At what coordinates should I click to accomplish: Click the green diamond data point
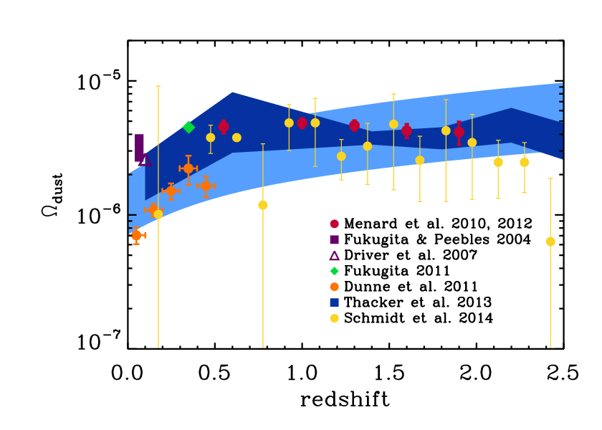[x=188, y=127]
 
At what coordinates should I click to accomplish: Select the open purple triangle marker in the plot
[x=145, y=160]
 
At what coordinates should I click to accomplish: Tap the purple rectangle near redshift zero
[x=139, y=148]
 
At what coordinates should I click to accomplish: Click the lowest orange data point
[x=136, y=235]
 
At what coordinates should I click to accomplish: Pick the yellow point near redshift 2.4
[x=550, y=242]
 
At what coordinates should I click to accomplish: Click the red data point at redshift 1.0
[x=302, y=123]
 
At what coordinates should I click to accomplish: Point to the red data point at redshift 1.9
[x=459, y=132]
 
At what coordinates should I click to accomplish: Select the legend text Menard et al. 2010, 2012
[x=438, y=224]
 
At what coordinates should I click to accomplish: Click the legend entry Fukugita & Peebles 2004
[x=437, y=239]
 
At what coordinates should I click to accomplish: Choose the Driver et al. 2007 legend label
[x=411, y=255]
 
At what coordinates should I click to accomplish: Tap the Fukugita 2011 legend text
[x=396, y=271]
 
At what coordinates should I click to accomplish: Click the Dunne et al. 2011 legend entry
[x=411, y=287]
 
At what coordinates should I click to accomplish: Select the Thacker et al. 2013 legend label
[x=418, y=302]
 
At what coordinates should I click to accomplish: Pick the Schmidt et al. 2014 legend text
[x=419, y=318]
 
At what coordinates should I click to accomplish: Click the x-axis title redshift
[x=345, y=400]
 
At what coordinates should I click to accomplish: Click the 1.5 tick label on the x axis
[x=389, y=373]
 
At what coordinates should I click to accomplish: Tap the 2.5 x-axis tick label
[x=563, y=373]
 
